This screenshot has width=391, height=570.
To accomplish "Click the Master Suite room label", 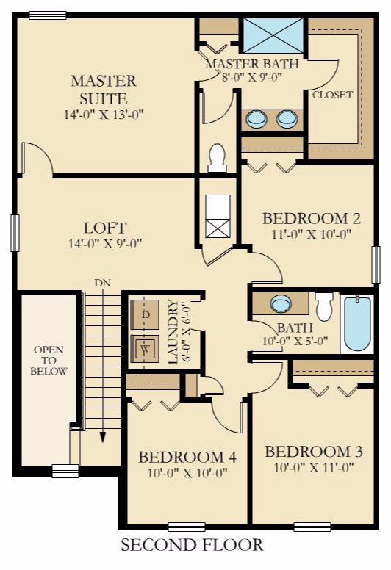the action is [x=104, y=90].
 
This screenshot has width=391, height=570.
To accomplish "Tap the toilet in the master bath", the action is [x=217, y=158].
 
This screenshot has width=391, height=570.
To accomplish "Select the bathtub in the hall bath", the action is [x=357, y=323].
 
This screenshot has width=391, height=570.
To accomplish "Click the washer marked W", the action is [x=145, y=348].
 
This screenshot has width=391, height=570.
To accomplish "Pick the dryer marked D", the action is [x=145, y=315].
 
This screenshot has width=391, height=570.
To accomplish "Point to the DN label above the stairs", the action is [x=102, y=283].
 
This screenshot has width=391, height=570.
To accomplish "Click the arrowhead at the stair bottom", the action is [x=104, y=437].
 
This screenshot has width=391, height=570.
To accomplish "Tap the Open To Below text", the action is [x=49, y=360].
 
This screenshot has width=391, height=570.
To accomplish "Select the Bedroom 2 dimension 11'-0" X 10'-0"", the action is [x=312, y=234].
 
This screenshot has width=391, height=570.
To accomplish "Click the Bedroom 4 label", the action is [x=187, y=457].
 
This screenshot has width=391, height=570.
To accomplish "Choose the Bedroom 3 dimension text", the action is [x=314, y=467].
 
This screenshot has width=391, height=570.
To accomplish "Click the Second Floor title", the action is [x=192, y=545].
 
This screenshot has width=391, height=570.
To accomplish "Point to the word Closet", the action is [x=332, y=95].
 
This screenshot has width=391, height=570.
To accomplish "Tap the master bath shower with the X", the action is [x=273, y=36].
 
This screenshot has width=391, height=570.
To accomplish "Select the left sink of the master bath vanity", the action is [x=257, y=118].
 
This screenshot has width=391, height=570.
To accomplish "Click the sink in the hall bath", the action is [x=281, y=303].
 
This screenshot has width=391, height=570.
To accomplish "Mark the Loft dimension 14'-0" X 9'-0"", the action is [x=105, y=243].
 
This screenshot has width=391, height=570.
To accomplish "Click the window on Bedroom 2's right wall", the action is [x=376, y=264].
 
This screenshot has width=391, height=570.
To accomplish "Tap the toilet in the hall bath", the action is [x=323, y=306].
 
